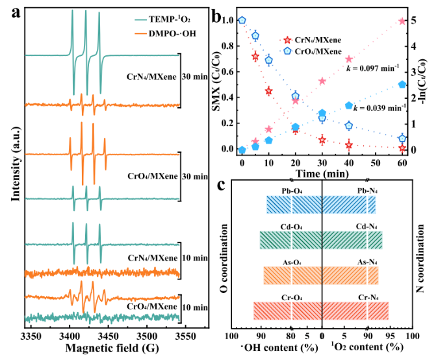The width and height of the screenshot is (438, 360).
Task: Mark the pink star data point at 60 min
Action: pos(402,21)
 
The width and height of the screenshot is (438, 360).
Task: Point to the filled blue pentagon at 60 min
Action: pos(402,84)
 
